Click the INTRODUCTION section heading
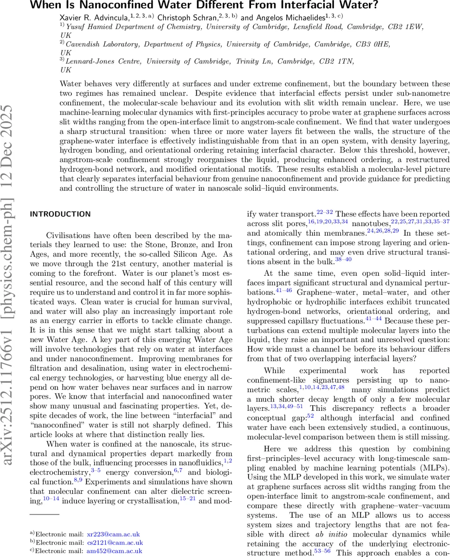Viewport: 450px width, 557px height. click(60, 214)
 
